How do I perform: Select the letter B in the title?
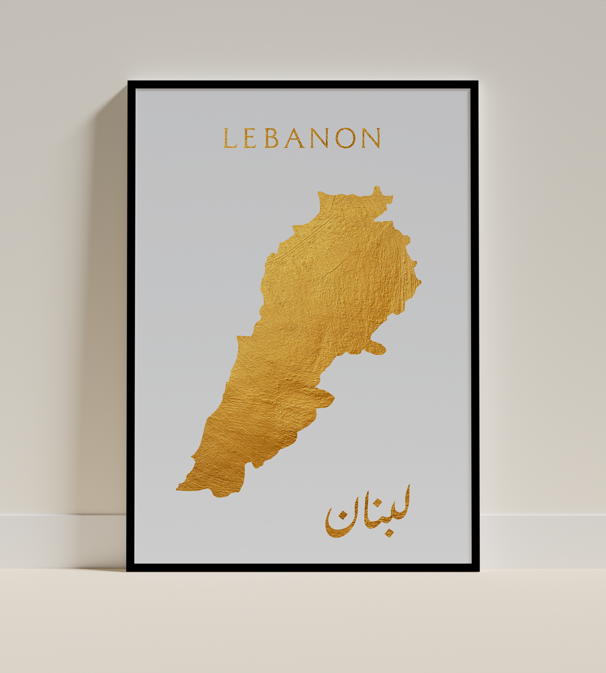(x=271, y=138)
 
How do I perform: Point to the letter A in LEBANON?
(x=294, y=138)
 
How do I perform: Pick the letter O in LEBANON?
(x=345, y=138)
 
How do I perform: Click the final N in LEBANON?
(x=371, y=138)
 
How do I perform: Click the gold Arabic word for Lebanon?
(x=367, y=513)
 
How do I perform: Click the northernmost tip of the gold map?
(x=377, y=189)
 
